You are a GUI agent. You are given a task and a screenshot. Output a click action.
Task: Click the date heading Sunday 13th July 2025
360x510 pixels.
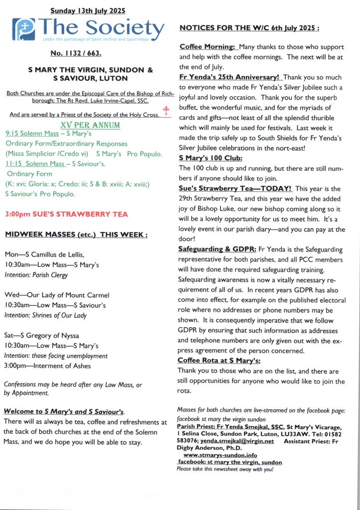click(x=88, y=10)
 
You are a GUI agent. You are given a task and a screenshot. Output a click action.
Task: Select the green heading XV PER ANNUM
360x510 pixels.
click(x=90, y=125)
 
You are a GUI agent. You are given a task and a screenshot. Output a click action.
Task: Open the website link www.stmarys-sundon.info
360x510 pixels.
click(x=220, y=455)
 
